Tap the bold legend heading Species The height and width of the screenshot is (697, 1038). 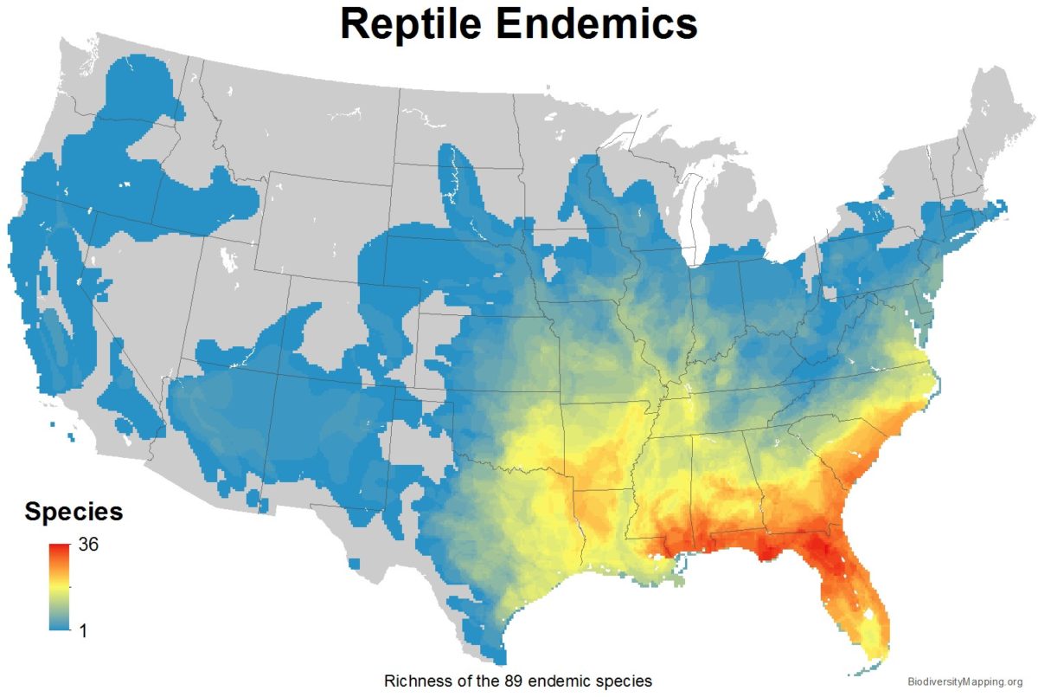(x=74, y=512)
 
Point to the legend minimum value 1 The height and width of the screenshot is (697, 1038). (x=84, y=630)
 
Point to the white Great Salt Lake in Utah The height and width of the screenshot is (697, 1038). (x=228, y=259)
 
